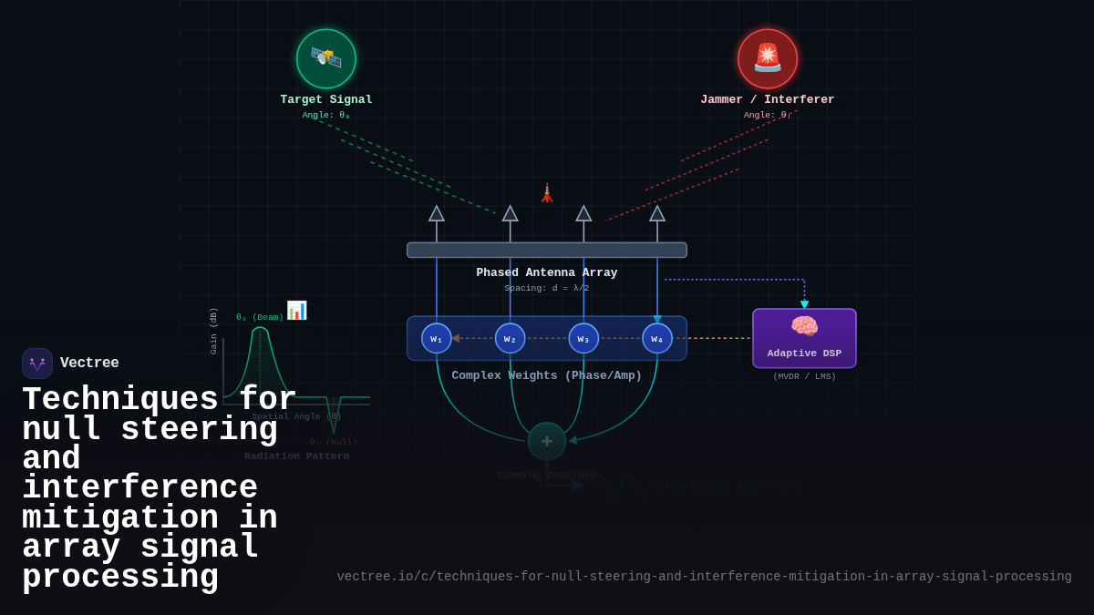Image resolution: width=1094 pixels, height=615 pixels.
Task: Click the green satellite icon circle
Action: click(x=326, y=58)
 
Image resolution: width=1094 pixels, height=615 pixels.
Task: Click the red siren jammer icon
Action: click(x=768, y=58)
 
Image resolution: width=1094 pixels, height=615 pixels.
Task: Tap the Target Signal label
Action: click(x=326, y=99)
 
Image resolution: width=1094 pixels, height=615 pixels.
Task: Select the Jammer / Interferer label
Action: click(x=768, y=99)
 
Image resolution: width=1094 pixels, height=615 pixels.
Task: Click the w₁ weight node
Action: click(x=437, y=338)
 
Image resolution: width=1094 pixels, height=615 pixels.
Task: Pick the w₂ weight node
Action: click(x=511, y=338)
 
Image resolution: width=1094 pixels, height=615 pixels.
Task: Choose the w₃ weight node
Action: click(x=583, y=338)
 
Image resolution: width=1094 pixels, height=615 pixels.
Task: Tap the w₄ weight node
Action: click(x=657, y=338)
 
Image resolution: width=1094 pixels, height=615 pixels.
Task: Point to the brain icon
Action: click(x=804, y=325)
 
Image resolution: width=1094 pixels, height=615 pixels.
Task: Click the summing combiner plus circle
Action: click(x=547, y=441)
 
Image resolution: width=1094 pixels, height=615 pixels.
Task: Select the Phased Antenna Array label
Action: click(x=547, y=272)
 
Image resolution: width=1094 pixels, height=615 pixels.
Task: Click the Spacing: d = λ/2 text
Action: click(x=547, y=288)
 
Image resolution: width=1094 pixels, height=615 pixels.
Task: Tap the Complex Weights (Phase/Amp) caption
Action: click(x=547, y=375)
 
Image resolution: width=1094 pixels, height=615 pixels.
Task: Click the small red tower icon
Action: click(x=547, y=193)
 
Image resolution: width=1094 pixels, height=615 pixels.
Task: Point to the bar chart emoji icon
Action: click(x=296, y=310)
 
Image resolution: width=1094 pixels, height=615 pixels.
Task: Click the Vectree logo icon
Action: click(x=37, y=364)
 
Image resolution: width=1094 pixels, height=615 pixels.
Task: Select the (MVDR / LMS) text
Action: click(x=804, y=376)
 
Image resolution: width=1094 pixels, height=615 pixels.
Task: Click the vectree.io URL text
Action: click(x=704, y=577)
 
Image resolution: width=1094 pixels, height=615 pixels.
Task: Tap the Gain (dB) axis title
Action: click(x=214, y=331)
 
